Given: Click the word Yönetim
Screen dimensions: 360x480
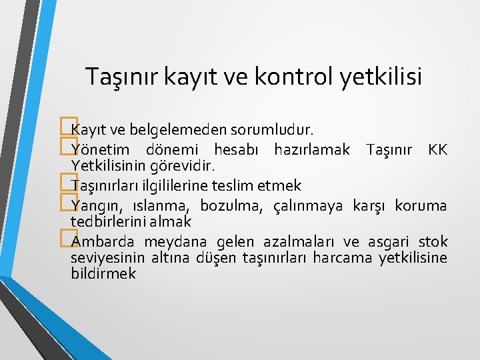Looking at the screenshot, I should pos(98,151).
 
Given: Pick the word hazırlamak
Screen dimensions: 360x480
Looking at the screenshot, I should pos(311,151).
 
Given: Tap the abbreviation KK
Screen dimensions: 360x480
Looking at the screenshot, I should pos(438,151).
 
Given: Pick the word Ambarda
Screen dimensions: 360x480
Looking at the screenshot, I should pos(99,241).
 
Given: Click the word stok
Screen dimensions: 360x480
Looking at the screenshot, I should pos(433,241).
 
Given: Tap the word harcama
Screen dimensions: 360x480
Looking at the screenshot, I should pos(341,257).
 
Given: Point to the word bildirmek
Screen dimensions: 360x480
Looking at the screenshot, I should pos(103,273).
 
